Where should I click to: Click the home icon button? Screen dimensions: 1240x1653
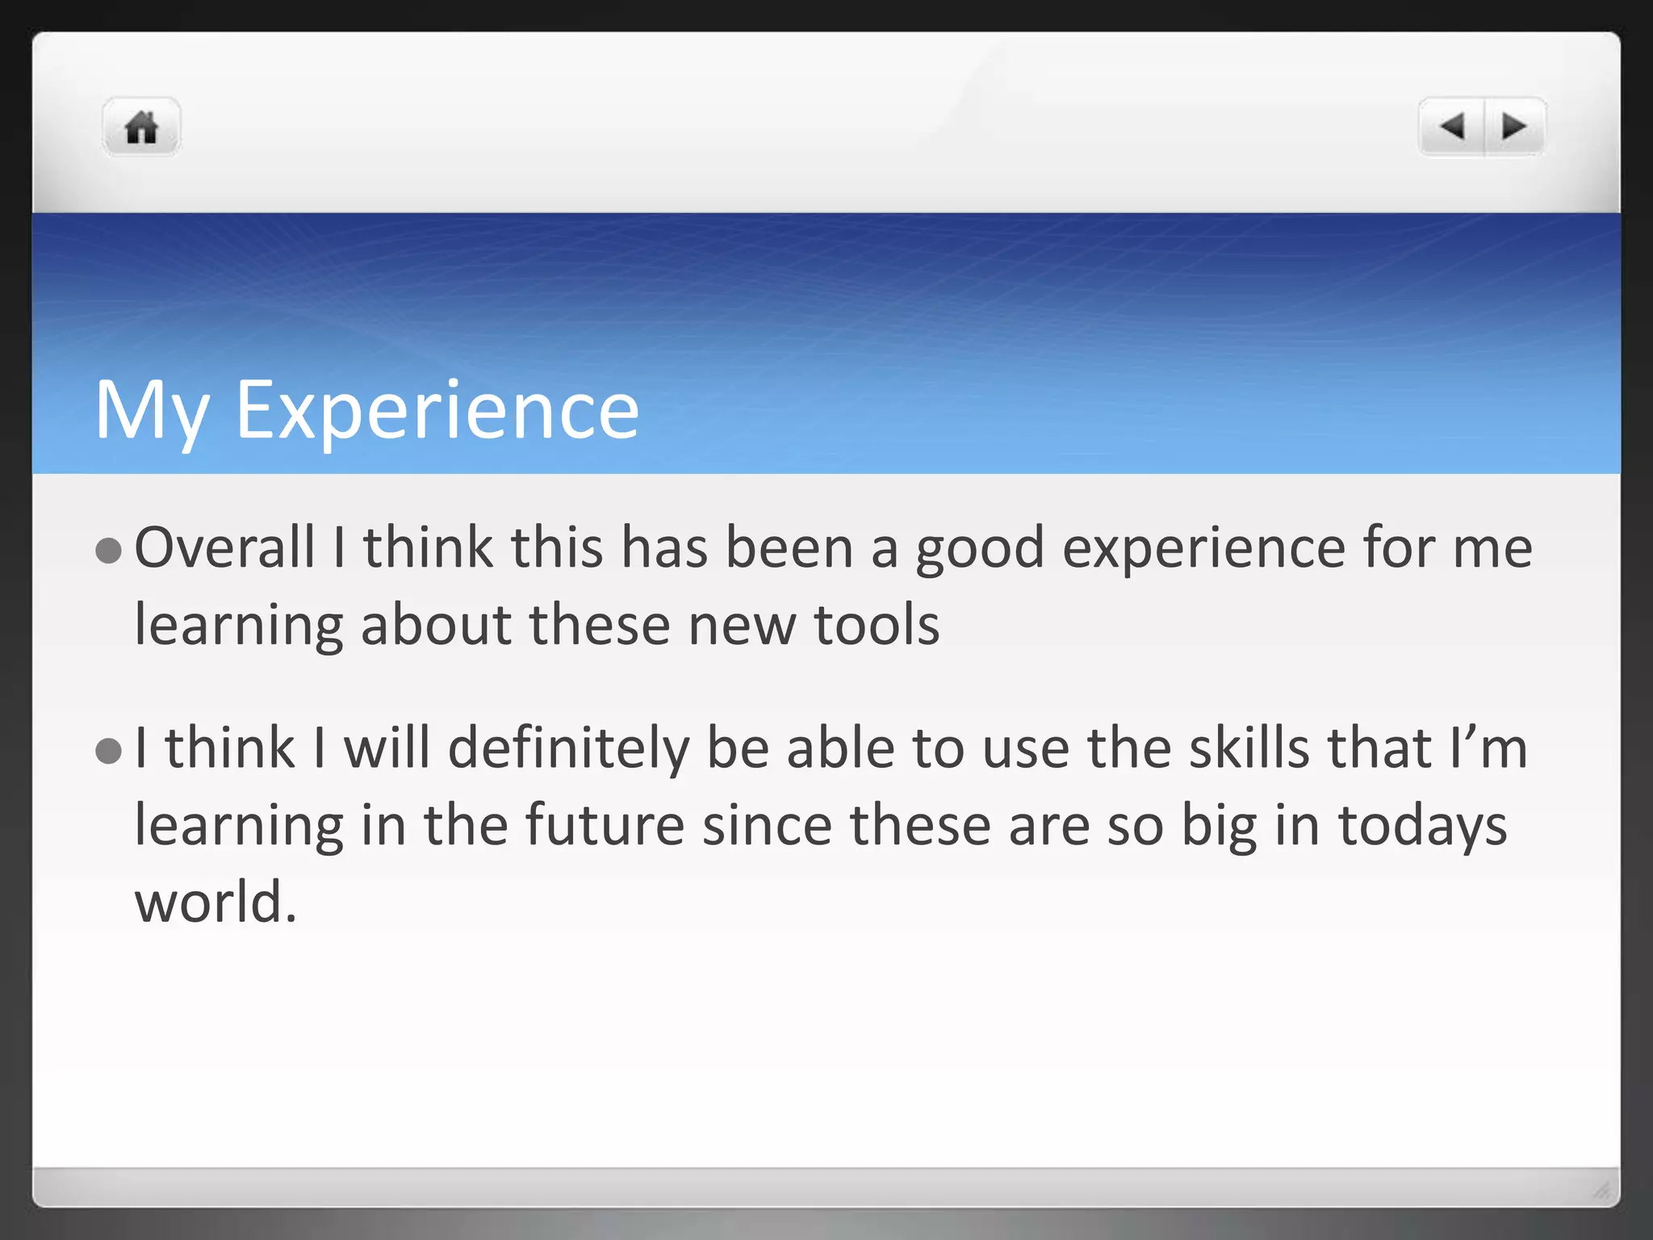point(141,128)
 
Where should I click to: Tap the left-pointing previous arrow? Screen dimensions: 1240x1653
point(1452,127)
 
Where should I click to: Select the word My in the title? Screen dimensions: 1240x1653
point(152,412)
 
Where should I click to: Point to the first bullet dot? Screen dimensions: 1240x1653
point(108,551)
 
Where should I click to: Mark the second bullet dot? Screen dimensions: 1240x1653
point(108,751)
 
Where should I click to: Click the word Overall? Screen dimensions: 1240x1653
point(224,548)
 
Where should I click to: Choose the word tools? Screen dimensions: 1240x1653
point(877,626)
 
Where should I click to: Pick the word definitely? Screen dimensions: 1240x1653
point(568,748)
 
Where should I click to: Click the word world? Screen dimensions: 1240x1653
point(216,903)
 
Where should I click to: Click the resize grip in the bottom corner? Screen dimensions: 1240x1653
point(1601,1190)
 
